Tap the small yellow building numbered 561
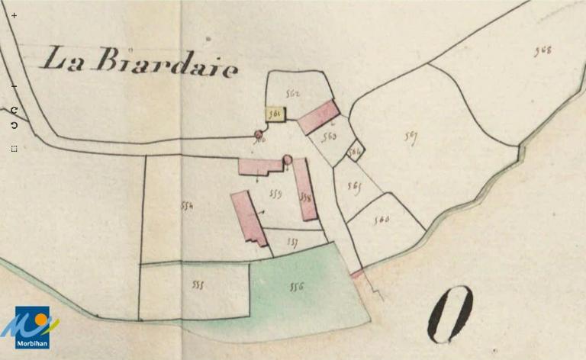pyautogui.click(x=275, y=114)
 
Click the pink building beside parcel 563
pyautogui.click(x=318, y=117)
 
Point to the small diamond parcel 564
pyautogui.click(x=354, y=151)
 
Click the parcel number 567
pyautogui.click(x=411, y=137)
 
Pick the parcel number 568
pyautogui.click(x=543, y=51)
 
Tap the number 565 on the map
pyautogui.click(x=353, y=185)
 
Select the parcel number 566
pyautogui.click(x=382, y=220)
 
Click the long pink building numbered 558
pyautogui.click(x=305, y=190)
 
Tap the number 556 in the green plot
pyautogui.click(x=297, y=287)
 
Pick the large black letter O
pyautogui.click(x=450, y=314)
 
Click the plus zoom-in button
pyautogui.click(x=14, y=15)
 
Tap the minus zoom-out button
pyautogui.click(x=14, y=86)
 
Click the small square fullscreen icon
pyautogui.click(x=14, y=149)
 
